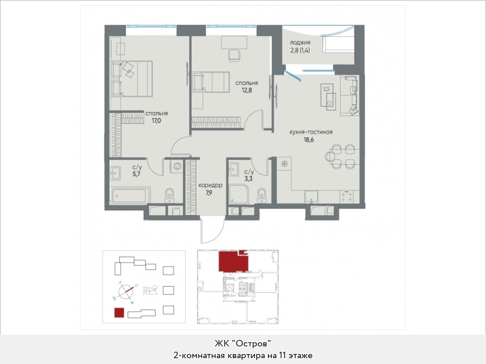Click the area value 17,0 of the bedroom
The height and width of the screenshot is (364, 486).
click(156, 121)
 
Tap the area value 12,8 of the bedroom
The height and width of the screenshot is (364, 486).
click(247, 90)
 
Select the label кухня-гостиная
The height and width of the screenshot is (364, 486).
click(311, 132)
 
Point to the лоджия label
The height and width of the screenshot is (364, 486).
click(300, 43)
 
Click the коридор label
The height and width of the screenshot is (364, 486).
click(210, 186)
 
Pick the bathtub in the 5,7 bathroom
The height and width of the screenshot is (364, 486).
click(130, 195)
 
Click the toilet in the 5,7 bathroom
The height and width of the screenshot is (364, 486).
click(169, 195)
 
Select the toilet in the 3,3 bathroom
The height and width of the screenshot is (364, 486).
click(261, 195)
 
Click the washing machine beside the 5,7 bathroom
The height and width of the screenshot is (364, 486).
click(177, 166)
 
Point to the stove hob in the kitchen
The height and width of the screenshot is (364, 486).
click(346, 197)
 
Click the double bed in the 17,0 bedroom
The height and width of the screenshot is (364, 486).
click(132, 79)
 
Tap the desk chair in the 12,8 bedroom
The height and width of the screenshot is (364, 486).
click(234, 55)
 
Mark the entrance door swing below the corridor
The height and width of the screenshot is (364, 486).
click(213, 230)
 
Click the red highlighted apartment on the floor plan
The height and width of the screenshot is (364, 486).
click(233, 262)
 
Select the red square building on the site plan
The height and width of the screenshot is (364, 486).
click(119, 312)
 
